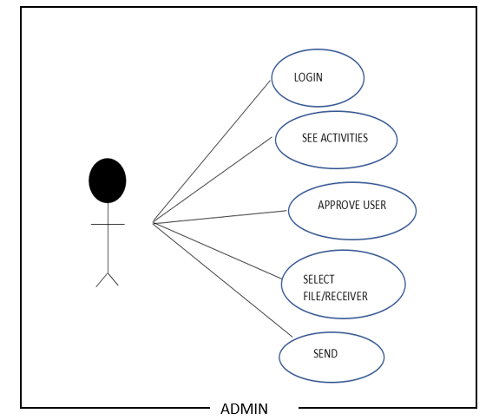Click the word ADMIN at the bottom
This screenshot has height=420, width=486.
tap(244, 409)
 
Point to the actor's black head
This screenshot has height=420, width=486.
tap(108, 180)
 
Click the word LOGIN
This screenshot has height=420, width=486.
tap(308, 77)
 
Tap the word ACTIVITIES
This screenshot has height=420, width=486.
tap(344, 138)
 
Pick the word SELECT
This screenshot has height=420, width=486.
tap(319, 279)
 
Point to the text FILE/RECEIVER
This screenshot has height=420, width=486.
tap(335, 296)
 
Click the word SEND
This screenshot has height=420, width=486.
tap(325, 354)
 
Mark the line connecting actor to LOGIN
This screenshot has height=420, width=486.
tap(212, 152)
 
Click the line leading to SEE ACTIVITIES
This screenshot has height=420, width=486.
tap(213, 180)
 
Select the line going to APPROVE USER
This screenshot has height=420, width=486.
tap(220, 217)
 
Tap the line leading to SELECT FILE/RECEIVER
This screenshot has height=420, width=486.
tap(217, 251)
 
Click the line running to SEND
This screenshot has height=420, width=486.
tap(222, 280)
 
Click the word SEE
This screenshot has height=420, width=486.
tap(310, 138)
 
